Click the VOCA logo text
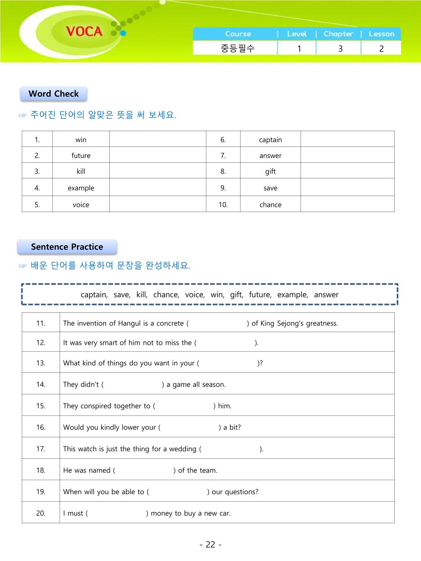(84, 31)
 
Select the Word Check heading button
(53, 94)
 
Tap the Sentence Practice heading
(67, 247)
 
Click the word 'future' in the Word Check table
(81, 156)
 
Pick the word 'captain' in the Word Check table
(271, 140)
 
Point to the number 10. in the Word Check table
(223, 205)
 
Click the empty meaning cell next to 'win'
(157, 139)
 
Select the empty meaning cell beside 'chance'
(347, 204)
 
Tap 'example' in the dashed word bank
(292, 295)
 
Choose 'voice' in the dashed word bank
(194, 295)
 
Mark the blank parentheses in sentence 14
(133, 385)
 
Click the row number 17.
(41, 449)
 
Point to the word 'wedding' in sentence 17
(183, 449)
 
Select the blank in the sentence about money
(117, 513)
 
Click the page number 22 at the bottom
(210, 545)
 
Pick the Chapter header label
(338, 34)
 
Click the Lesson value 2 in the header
(381, 48)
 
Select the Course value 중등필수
(238, 48)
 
